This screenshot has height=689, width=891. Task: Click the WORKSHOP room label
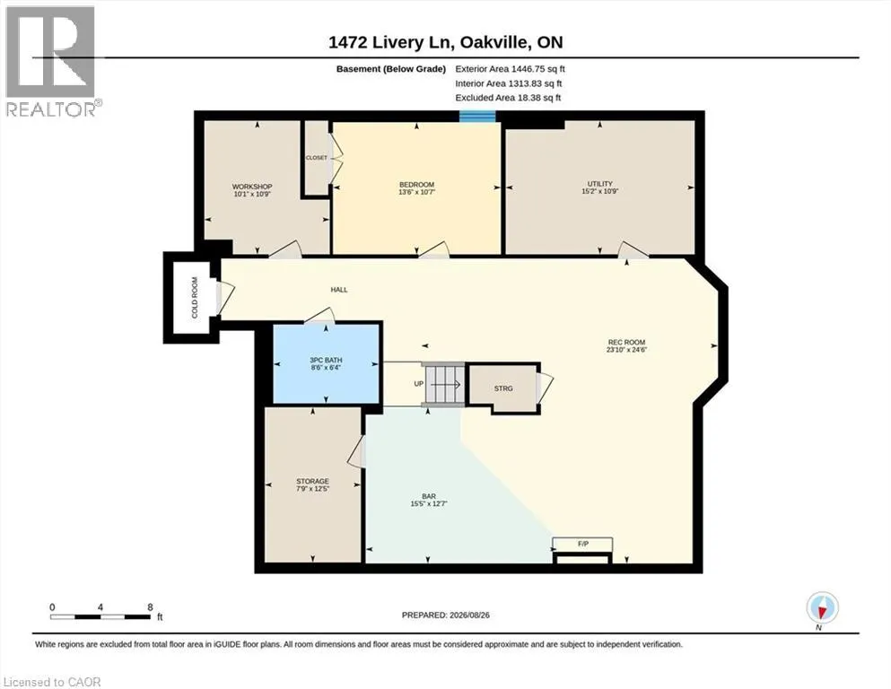point(252,187)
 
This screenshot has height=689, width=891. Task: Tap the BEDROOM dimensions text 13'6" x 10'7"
point(416,192)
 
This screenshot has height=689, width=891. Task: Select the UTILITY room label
point(600,184)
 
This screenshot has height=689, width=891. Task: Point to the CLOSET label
point(317,157)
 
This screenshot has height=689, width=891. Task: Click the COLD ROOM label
point(195,297)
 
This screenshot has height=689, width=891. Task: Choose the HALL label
point(339,290)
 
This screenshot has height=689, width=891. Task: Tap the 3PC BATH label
point(326,360)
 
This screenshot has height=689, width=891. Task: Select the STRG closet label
point(503,388)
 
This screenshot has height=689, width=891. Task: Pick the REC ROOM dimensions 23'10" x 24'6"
point(627,350)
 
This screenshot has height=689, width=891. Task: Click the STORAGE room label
point(312,481)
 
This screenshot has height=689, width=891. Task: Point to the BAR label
point(429,496)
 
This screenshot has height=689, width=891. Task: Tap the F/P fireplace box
point(583,545)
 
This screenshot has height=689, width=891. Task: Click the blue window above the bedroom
point(477,116)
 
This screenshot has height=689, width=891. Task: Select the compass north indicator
point(822,608)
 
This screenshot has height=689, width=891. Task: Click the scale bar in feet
point(101,616)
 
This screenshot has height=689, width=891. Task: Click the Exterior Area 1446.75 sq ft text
point(510,69)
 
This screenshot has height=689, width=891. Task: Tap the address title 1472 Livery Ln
point(391,42)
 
